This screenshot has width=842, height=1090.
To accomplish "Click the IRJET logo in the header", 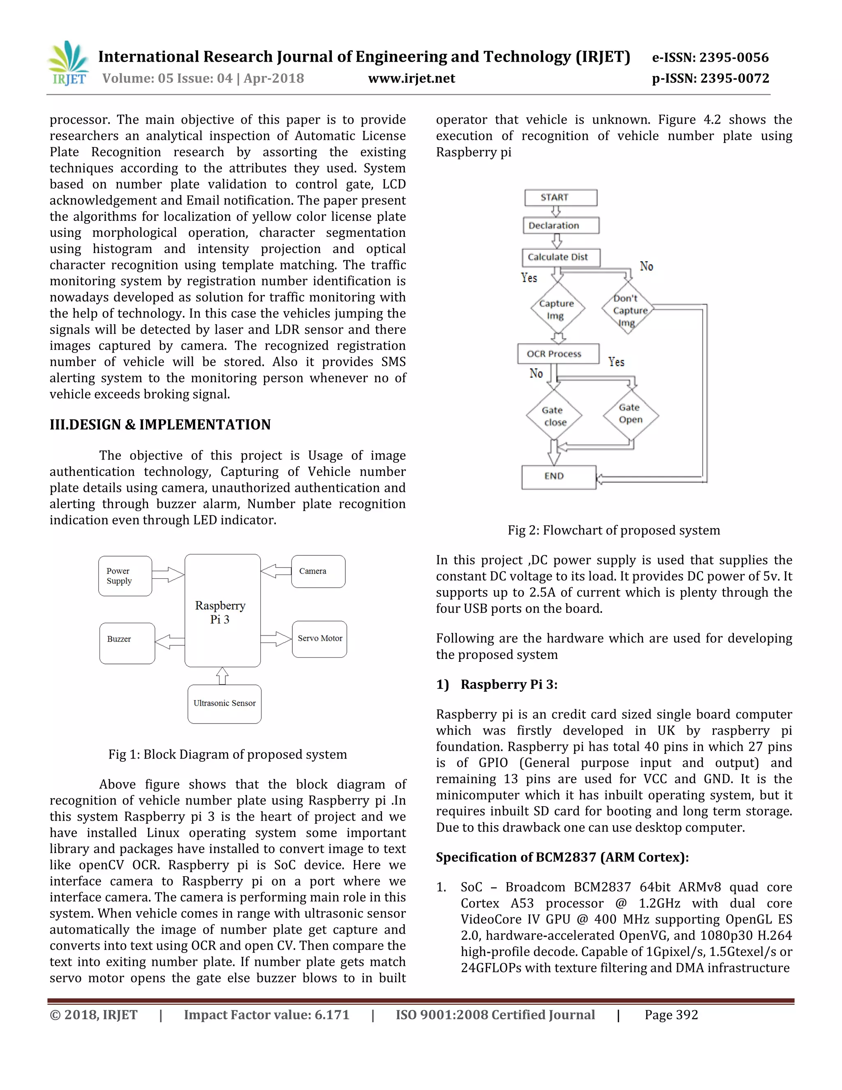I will click(x=68, y=63).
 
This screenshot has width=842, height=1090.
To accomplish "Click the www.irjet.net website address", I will click(x=411, y=78).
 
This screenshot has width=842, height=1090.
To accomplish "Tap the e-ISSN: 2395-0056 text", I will click(x=710, y=58).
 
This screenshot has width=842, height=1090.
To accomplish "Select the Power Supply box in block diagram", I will click(x=125, y=576).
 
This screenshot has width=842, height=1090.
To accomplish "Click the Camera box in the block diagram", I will click(x=318, y=571).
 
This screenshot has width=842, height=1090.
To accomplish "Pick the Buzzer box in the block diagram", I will click(x=127, y=643).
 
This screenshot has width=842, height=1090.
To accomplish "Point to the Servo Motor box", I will click(x=319, y=639).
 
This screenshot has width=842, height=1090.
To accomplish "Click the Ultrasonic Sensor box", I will click(x=224, y=704).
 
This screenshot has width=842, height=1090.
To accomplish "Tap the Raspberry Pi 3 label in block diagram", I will click(x=220, y=612).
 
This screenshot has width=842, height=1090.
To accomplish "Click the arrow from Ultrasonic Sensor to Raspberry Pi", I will click(x=222, y=676).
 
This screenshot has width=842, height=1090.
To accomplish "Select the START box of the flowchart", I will click(x=561, y=197).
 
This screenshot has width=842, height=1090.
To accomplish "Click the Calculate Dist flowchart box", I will click(x=561, y=257).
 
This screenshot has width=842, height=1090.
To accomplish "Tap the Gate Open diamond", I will click(x=631, y=414).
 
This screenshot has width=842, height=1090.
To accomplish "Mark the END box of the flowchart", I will click(x=559, y=477).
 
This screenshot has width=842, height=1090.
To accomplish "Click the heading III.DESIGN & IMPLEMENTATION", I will click(x=160, y=425).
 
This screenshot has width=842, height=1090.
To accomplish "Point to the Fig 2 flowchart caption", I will click(x=613, y=530).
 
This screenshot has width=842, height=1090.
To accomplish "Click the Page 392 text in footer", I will click(x=671, y=1015).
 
